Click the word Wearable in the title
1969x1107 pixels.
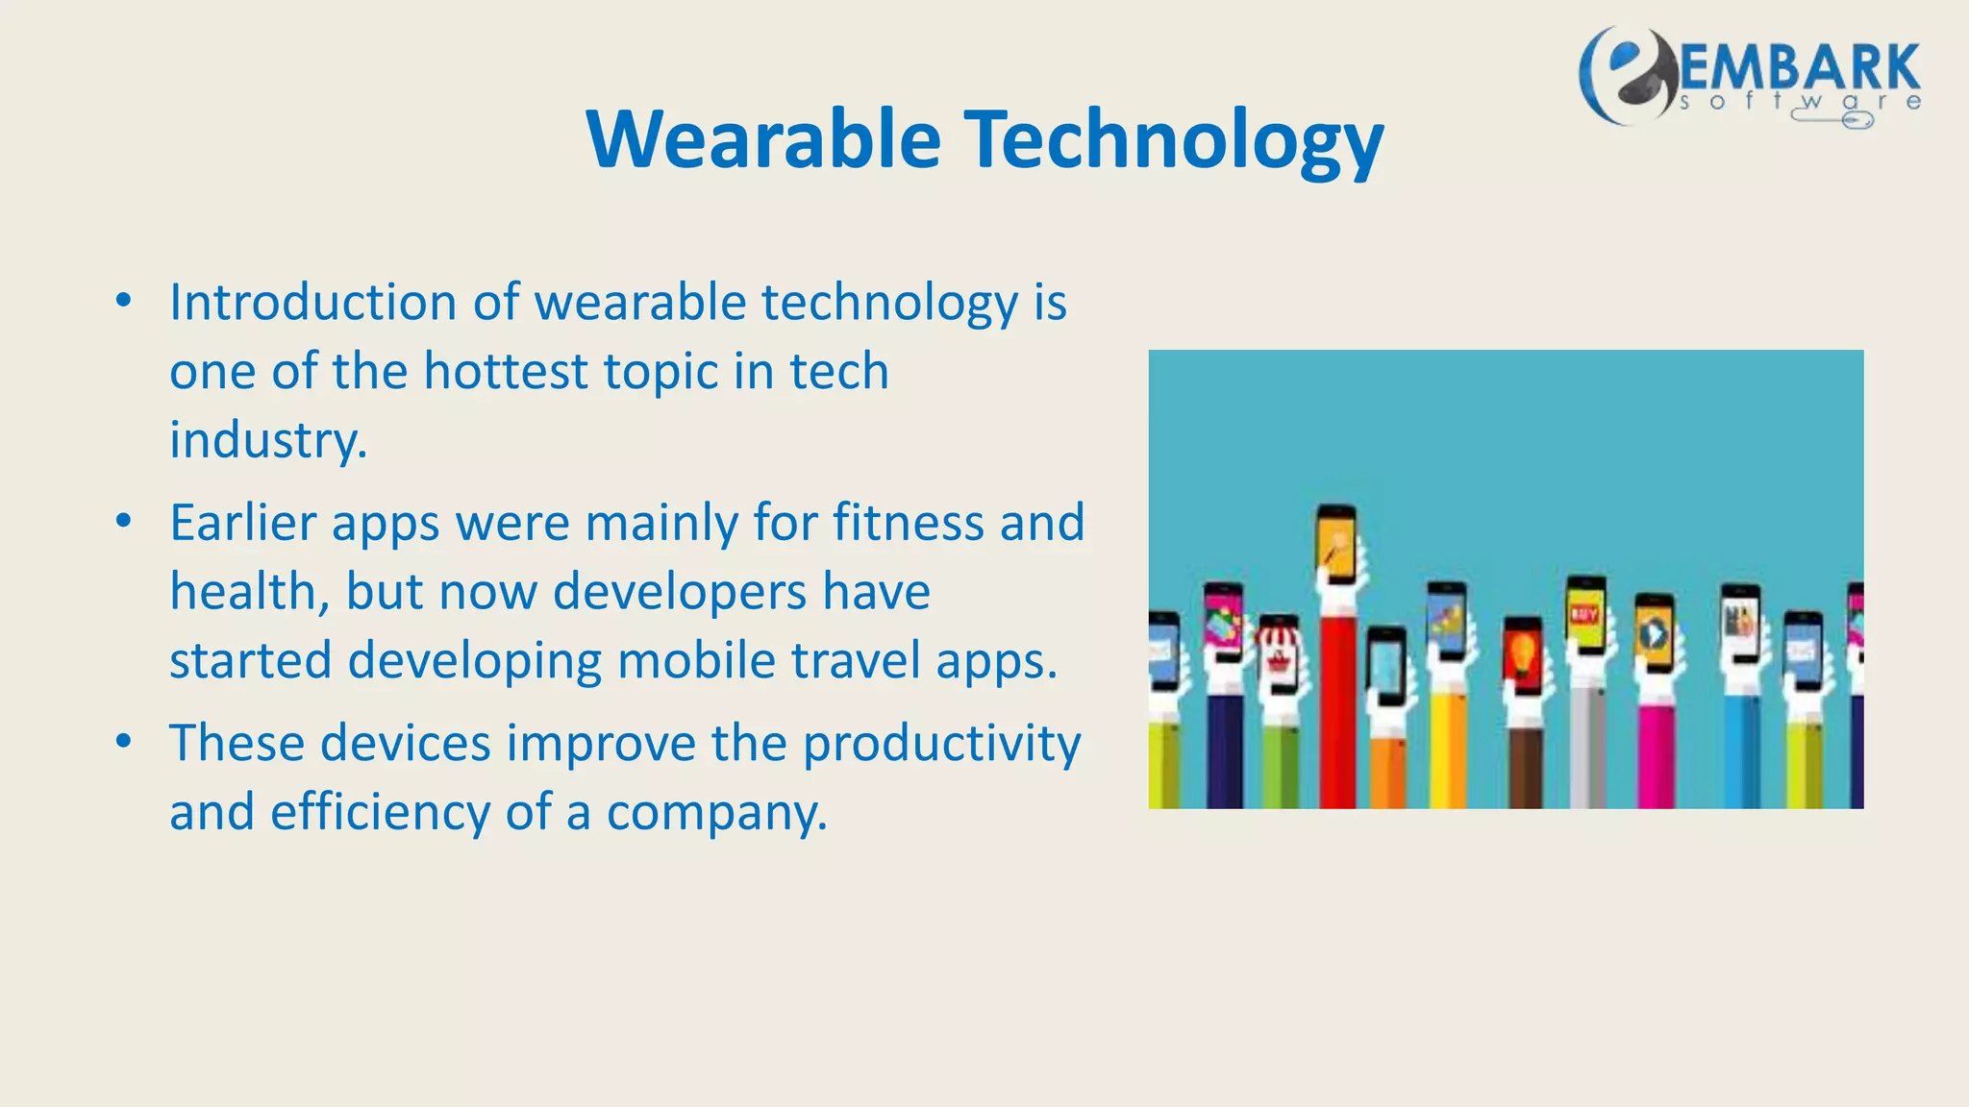763,139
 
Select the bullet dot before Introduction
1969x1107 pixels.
123,301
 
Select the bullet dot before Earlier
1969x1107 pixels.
123,522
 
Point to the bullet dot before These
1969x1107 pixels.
123,742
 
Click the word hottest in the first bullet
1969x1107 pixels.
506,371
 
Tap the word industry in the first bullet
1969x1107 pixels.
266,440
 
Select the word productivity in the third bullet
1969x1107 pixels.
941,744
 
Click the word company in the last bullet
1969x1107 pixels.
715,812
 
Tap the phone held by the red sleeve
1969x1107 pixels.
1336,546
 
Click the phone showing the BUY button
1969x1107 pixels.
1585,615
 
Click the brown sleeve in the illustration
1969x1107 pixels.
1526,769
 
